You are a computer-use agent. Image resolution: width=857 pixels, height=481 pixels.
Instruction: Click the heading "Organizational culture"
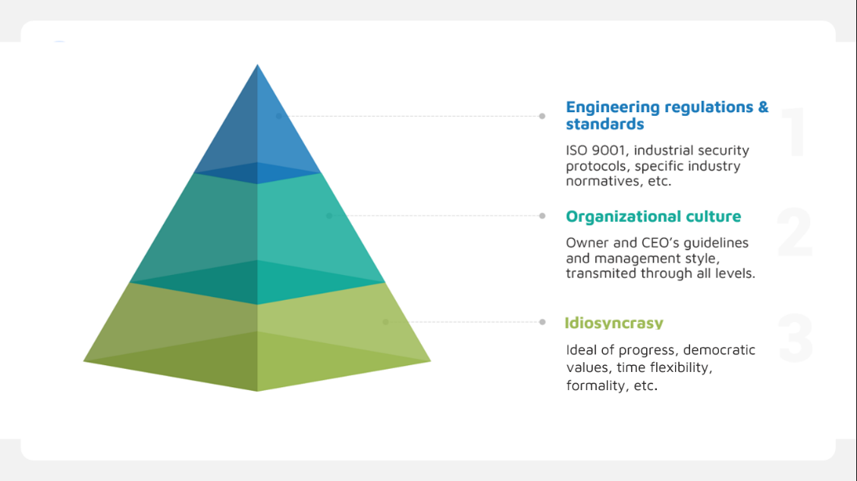pos(653,216)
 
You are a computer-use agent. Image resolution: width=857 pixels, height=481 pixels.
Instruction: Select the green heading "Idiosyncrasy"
pos(614,323)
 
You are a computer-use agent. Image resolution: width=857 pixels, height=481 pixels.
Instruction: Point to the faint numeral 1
pos(793,132)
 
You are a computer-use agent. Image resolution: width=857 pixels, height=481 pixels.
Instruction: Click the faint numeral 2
pos(795,232)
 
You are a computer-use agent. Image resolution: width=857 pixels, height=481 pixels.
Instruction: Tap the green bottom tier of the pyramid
pos(257,339)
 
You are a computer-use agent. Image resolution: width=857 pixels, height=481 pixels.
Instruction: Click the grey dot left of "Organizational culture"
pos(542,216)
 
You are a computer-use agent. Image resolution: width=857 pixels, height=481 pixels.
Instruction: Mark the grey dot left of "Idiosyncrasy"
pos(542,322)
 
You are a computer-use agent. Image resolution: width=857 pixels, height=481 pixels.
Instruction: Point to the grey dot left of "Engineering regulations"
pos(542,116)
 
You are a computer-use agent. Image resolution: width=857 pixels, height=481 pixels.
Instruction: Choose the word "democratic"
pos(719,350)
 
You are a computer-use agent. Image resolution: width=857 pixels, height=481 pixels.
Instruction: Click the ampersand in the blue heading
pos(763,107)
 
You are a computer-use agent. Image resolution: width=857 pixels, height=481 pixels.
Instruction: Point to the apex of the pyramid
pos(257,65)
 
